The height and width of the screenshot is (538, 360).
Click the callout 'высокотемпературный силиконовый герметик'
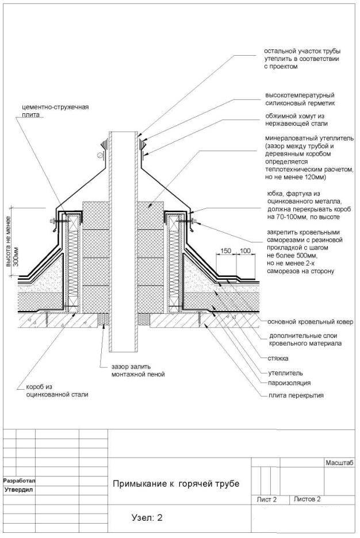coord(300,99)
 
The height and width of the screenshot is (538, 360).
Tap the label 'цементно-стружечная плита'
coord(55,110)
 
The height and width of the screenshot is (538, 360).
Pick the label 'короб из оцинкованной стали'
coord(53,391)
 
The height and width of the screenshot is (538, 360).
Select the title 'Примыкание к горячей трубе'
coord(175,483)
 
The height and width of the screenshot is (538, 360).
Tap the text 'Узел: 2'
coord(147,517)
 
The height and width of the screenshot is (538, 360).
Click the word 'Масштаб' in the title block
coord(339,463)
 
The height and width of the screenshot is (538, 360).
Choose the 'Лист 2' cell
coord(267,499)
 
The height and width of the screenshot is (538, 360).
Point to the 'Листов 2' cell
coord(307,499)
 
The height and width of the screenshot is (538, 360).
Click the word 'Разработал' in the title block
coord(19,480)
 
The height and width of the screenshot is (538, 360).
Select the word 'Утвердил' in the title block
coord(19,490)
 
